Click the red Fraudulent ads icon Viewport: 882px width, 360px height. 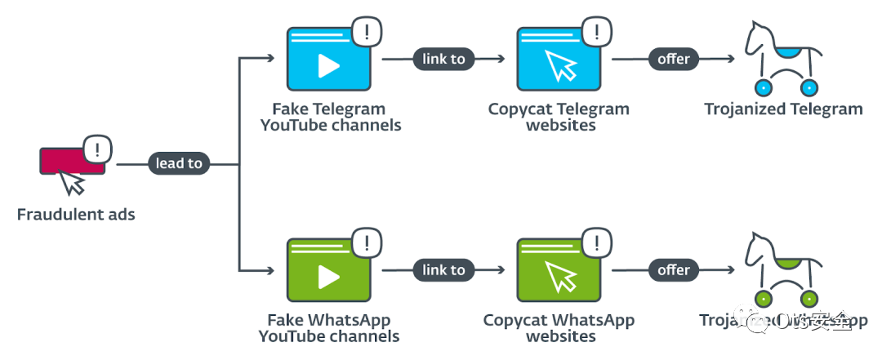pos(69,162)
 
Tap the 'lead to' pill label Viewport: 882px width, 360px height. pos(179,163)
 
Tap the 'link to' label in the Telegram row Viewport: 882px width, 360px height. pos(444,59)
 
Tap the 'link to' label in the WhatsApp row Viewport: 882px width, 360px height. pos(444,270)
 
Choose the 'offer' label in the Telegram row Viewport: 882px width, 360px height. pos(674,59)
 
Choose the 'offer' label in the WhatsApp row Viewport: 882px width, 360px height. pos(674,270)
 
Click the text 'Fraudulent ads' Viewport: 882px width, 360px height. pos(76,216)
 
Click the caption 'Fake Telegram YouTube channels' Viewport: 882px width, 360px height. pos(330,117)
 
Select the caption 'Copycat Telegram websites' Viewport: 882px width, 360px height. pos(559,117)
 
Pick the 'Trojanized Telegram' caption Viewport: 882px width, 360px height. pos(783,109)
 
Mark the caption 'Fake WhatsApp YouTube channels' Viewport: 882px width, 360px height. pos(329,328)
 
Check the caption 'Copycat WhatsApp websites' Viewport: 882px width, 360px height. pos(559,328)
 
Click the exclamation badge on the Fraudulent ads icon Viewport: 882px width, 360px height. pos(98,149)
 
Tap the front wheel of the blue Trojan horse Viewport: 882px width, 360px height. pos(765,87)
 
